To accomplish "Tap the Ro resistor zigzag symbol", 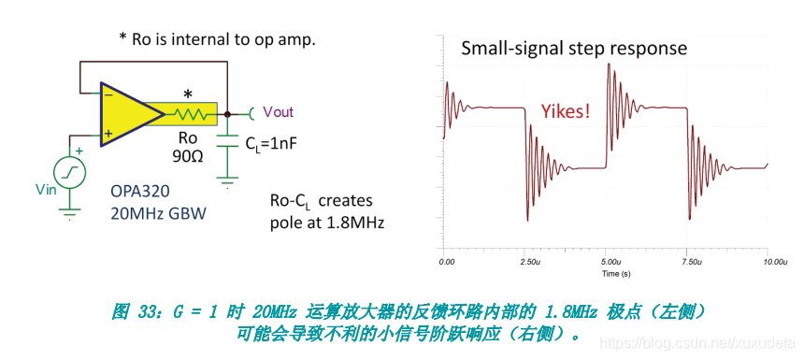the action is [190, 114].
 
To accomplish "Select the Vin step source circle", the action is [70, 173].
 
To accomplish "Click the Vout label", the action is [279, 112].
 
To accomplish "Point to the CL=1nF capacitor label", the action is [268, 144].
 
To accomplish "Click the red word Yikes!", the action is [565, 110].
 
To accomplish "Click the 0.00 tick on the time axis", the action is [447, 262].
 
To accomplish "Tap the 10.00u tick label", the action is [774, 262].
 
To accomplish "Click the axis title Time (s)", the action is [616, 274].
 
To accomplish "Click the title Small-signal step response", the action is [574, 48].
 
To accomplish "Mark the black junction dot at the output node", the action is [226, 114].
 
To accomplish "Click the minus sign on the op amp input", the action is [108, 94].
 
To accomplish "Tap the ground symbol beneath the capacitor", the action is [226, 182].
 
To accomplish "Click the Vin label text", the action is [45, 190].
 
